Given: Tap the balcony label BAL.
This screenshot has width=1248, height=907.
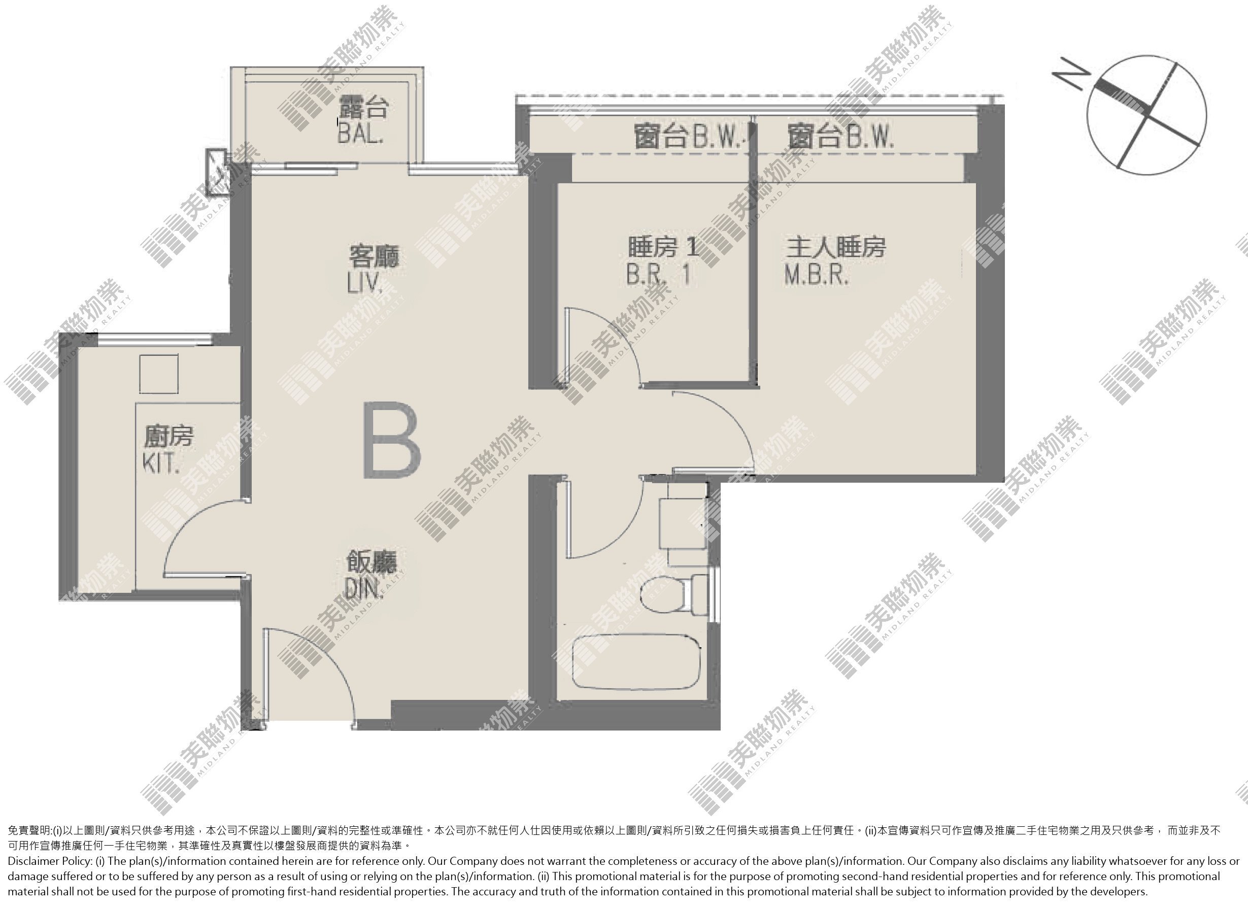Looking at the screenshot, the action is pos(360,133).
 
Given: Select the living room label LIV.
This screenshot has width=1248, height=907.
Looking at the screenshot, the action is pos(364,284).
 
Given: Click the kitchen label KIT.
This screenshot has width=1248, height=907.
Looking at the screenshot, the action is pos(161,464).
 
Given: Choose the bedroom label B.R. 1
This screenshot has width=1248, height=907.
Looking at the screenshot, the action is pos(658,274).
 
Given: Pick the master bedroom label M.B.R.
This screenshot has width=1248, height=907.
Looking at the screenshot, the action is pos(817,275).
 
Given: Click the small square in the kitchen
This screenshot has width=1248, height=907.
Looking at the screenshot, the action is pos(158,374).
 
